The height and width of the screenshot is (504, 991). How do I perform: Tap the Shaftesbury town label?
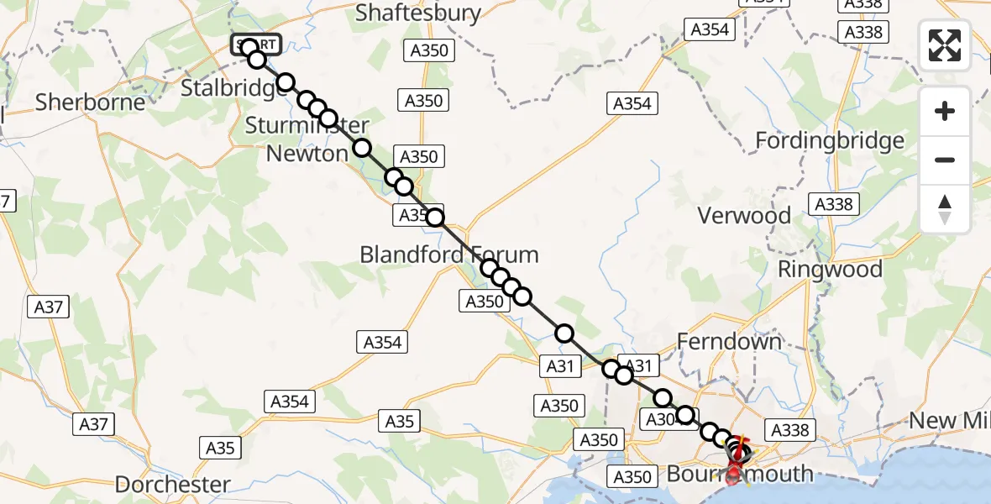[x=418, y=13]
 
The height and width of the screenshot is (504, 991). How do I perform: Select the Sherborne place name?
[x=90, y=102]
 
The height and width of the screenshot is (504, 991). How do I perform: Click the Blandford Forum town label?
[x=449, y=255]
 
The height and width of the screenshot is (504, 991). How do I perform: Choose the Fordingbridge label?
[x=830, y=140]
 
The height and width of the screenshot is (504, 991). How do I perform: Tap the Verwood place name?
[x=744, y=216]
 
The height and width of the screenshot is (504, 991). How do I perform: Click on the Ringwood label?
[x=830, y=270]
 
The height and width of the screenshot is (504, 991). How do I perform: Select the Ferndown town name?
[x=729, y=342]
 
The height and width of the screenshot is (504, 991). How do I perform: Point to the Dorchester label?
[x=172, y=485]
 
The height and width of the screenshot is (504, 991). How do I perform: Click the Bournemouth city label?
[x=740, y=474]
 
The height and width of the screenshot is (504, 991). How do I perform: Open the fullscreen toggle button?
[x=945, y=45]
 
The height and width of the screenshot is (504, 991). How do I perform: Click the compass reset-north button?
[x=945, y=208]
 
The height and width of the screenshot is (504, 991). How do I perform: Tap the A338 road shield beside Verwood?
[x=832, y=204]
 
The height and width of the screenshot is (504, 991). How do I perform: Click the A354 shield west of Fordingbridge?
[x=632, y=103]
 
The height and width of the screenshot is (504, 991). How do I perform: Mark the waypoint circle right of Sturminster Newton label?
[x=361, y=148]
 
